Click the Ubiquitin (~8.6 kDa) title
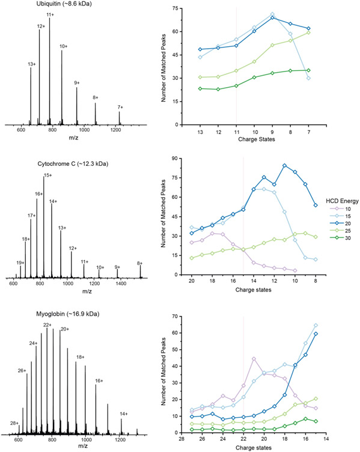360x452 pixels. (35, 5)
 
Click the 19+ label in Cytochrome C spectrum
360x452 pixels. (20, 263)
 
